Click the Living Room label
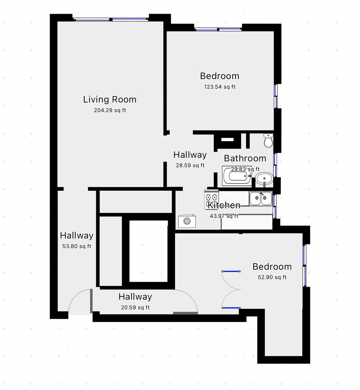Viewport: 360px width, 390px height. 110,100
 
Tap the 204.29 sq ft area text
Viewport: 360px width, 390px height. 110,110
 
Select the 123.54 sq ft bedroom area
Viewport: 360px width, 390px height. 220,87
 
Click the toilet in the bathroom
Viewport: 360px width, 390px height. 268,140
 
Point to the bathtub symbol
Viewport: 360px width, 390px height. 237,176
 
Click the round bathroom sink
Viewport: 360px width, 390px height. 264,179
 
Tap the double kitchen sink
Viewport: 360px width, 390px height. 260,198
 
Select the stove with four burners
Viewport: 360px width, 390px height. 211,199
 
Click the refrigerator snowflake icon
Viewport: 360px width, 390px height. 187,221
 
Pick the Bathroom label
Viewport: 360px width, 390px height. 245,159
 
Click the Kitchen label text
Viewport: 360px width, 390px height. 224,205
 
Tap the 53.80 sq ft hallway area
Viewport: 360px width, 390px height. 76,246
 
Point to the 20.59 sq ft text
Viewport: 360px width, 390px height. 135,307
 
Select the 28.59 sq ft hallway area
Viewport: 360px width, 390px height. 190,165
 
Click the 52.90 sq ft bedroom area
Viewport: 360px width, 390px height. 272,277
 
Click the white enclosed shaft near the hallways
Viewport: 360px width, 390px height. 149,251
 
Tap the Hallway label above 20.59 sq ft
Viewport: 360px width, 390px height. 135,297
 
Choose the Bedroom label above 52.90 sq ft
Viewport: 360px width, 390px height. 272,266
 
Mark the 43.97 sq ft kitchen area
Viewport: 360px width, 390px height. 224,216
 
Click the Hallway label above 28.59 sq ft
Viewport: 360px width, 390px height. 190,155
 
